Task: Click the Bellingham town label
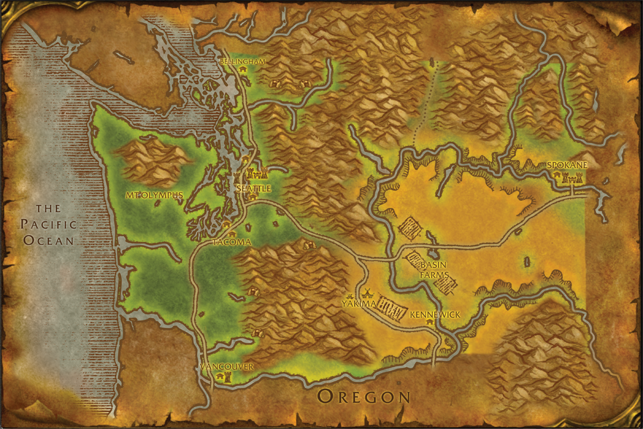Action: point(242,61)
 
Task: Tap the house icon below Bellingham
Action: point(243,70)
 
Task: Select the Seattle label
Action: point(254,188)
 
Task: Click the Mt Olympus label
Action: point(154,195)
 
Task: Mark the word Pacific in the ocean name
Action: point(49,225)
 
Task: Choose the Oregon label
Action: point(364,396)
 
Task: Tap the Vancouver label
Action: point(227,366)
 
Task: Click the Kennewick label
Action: point(435,314)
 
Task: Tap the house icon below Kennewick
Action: point(429,322)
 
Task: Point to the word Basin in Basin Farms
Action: point(434,265)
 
